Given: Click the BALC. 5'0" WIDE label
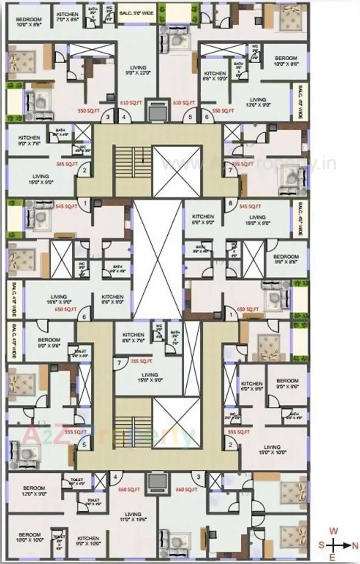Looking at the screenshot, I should point(136,13).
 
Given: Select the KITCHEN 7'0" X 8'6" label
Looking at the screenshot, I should point(68,17).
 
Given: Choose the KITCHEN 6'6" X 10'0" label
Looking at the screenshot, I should point(215,76).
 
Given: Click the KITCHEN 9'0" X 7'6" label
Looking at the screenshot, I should point(29,140).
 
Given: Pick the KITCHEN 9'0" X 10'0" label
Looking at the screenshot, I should point(88,541).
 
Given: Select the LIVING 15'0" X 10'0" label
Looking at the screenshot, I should point(272,450).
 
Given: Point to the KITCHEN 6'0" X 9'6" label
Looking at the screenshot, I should point(252,386).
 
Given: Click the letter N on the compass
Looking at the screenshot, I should point(355,546).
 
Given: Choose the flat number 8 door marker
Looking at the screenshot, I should point(230,203).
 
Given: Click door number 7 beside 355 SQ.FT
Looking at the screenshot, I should point(119,363).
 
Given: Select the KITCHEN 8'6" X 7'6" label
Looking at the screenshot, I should point(133,337).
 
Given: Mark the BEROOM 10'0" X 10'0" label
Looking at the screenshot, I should point(30,537).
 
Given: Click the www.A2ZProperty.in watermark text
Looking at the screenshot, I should point(244,163).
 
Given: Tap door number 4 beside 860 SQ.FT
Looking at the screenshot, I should point(116,477).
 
